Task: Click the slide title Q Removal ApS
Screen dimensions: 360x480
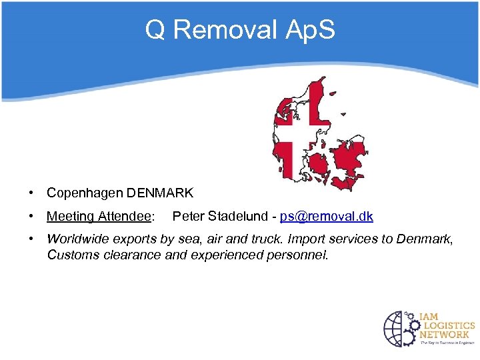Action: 240,30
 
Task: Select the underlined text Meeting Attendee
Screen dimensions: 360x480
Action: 99,217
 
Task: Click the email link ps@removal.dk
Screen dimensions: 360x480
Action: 327,217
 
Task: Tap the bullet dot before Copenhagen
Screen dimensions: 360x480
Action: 31,193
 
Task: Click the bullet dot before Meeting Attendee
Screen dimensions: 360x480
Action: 31,217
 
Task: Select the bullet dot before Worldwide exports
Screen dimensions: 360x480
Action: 31,239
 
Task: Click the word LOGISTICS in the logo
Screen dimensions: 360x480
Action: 446,325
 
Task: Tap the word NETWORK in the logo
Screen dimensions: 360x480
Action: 444,334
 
